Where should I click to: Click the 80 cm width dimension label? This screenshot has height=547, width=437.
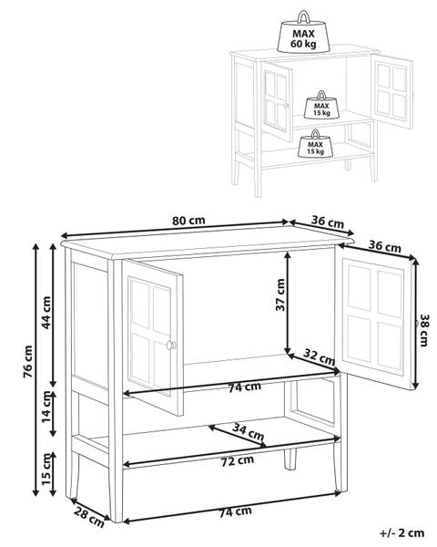[188, 221]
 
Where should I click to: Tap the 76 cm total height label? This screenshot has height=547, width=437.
[27, 361]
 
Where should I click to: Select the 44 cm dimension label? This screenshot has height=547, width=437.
[46, 313]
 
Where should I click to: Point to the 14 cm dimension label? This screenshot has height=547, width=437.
[46, 407]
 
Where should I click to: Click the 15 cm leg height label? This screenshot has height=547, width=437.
[46, 469]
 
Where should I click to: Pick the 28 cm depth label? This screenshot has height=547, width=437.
[89, 518]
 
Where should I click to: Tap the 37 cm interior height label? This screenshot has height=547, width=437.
[280, 294]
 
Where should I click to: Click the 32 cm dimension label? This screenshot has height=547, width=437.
[319, 356]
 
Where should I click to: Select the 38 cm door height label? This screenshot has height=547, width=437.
[424, 330]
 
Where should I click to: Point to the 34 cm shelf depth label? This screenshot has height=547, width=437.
[249, 431]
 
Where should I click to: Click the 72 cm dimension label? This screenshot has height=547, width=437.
[238, 460]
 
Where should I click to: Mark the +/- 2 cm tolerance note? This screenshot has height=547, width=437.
[402, 532]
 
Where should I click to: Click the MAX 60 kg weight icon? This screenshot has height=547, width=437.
[303, 34]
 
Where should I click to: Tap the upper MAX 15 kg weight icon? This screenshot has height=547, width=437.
[321, 106]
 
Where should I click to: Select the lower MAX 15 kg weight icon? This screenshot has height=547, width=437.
[315, 144]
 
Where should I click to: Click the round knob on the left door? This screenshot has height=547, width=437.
[171, 345]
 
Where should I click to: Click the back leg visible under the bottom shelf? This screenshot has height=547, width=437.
[290, 459]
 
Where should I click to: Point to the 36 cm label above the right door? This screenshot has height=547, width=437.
[385, 246]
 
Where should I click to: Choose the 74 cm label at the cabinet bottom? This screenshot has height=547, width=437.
[235, 511]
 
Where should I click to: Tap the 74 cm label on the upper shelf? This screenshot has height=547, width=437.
[245, 387]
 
